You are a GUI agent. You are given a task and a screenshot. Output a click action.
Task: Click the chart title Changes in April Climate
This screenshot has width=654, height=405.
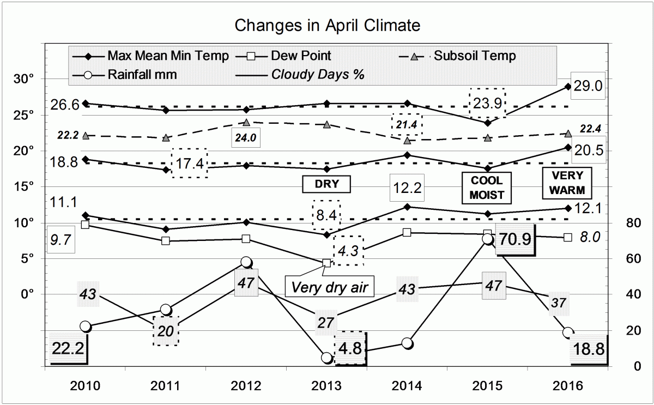point(327,25)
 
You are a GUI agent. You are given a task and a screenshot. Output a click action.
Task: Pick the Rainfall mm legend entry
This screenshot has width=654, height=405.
point(142,75)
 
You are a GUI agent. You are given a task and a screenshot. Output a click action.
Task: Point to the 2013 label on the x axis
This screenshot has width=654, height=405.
point(326,386)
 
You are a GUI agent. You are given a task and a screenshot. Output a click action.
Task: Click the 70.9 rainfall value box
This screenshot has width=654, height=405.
point(515,239)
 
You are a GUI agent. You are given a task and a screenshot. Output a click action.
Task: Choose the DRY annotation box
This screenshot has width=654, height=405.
point(326,184)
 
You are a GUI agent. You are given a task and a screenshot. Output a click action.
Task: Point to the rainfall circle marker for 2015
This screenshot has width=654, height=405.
point(488,239)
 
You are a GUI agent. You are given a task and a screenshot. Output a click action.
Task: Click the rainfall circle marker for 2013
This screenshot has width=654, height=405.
point(326,358)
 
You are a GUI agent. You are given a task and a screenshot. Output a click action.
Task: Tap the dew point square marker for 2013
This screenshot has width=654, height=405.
point(326,263)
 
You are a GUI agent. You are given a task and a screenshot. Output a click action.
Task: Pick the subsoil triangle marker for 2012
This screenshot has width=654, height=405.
point(246,123)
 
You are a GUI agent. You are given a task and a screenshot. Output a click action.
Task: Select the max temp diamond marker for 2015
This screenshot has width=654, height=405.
point(488,123)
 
